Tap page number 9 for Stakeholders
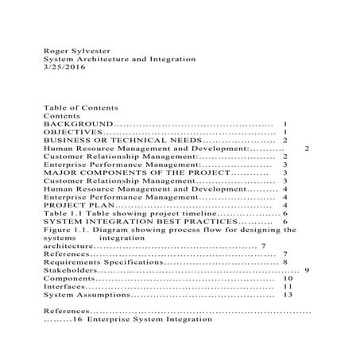tap(307, 271)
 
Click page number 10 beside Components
tap(288, 279)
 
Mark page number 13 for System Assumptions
tap(288, 296)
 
